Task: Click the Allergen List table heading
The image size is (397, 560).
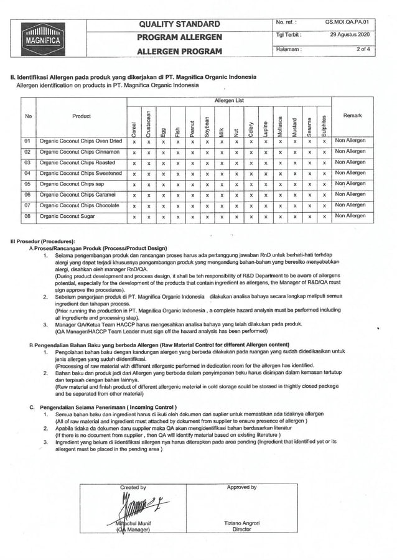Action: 229,100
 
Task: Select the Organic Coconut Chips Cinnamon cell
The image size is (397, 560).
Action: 79,152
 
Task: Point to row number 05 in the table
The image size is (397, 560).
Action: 27,184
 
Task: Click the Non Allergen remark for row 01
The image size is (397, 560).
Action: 350,141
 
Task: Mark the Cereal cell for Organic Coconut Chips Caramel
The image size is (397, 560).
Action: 134,195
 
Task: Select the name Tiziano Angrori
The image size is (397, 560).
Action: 241,523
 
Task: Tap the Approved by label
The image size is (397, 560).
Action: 242,487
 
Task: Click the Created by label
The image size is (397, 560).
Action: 133,487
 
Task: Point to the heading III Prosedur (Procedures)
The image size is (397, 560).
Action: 43,241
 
